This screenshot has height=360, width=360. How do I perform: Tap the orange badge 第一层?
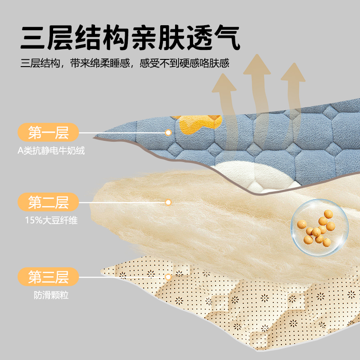click(x=48, y=133)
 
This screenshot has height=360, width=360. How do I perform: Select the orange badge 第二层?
click(x=48, y=202)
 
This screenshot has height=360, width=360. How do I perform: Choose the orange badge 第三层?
click(x=48, y=277)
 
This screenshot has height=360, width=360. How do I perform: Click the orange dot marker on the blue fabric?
click(x=168, y=133)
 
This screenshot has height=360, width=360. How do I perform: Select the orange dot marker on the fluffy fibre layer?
click(x=168, y=202)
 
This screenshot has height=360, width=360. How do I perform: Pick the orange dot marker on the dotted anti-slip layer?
click(x=168, y=277)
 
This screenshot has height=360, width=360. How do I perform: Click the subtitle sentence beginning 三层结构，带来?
click(x=125, y=63)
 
